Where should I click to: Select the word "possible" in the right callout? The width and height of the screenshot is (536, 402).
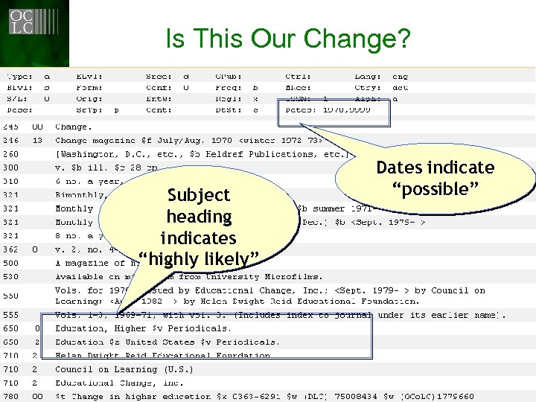435,189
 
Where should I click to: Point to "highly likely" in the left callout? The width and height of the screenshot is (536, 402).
199,259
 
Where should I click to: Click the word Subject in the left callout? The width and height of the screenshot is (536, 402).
199,195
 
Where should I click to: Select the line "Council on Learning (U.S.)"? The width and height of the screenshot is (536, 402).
124,369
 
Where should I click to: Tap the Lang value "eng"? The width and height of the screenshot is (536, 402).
400,76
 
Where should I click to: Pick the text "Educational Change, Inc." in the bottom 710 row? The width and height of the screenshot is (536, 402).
118,383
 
